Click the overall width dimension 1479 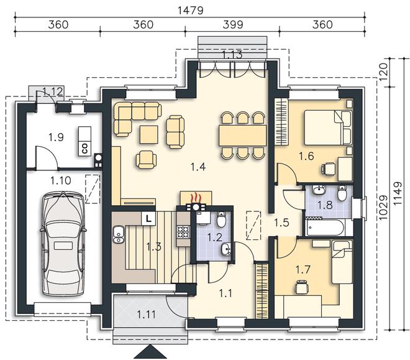coord(190,11)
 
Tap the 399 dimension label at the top coord(233,25)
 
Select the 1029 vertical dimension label coord(383,208)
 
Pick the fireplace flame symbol coord(196,198)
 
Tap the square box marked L coord(148,218)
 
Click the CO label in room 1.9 coord(84,149)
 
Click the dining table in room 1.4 coord(243,136)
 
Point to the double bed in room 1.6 coord(328,127)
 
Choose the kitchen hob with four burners coord(183,232)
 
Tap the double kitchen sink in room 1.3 coord(119,234)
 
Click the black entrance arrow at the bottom coord(150,352)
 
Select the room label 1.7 coord(303,269)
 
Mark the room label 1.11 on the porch coord(147,314)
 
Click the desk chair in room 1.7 coord(302,287)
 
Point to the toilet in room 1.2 coord(221,219)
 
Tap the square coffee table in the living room coord(149,134)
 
